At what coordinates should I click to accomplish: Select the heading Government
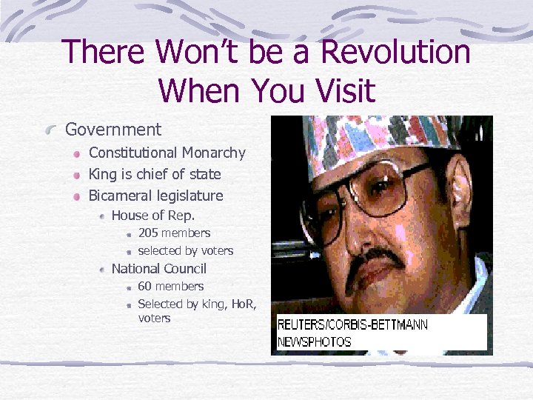click(x=113, y=130)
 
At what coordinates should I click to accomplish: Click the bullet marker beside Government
click(x=51, y=130)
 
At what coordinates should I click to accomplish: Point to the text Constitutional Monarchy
click(x=167, y=153)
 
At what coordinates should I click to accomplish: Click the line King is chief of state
click(x=155, y=175)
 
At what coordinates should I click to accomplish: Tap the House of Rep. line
click(x=152, y=216)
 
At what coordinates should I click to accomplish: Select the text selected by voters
click(x=185, y=251)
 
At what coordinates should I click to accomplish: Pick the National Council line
click(x=158, y=269)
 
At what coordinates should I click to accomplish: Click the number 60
click(x=145, y=287)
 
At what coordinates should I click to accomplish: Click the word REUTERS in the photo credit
click(x=304, y=324)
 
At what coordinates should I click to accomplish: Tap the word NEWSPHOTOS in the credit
click(x=315, y=342)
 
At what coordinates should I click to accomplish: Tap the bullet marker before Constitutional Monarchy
click(x=76, y=154)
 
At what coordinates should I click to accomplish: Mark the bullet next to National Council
click(x=102, y=270)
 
